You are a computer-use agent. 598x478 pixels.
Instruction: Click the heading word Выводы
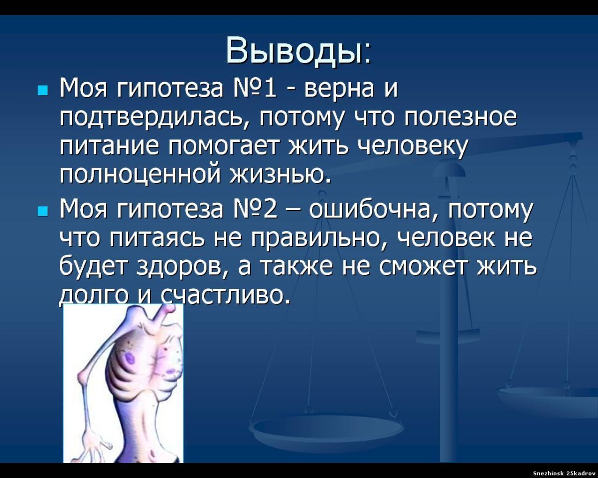298,50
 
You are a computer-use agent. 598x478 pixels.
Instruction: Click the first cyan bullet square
42,91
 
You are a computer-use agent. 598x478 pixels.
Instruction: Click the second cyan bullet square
42,212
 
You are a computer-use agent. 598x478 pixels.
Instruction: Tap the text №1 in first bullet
256,90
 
